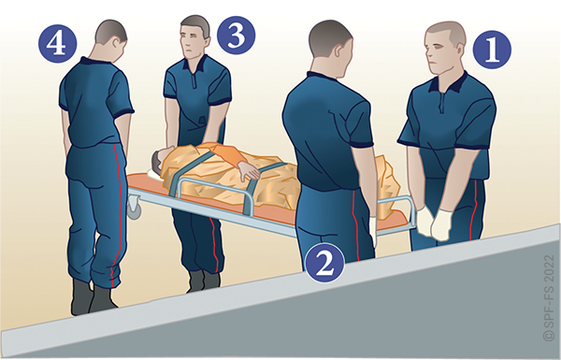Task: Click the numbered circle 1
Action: pos(492,50)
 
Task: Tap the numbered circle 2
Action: pos(325,263)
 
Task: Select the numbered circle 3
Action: pos(237,36)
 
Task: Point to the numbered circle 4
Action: pos(58,44)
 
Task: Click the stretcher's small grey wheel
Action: pos(134,209)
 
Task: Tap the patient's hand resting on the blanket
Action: pos(249,171)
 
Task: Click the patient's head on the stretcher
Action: pos(159,160)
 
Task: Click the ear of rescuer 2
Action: pos(337,52)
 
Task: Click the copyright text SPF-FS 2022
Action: pos(549,297)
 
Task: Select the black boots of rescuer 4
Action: pos(93,297)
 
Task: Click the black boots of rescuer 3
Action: pos(203,281)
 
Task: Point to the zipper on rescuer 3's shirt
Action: pos(194,80)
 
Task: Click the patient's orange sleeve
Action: pos(229,155)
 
